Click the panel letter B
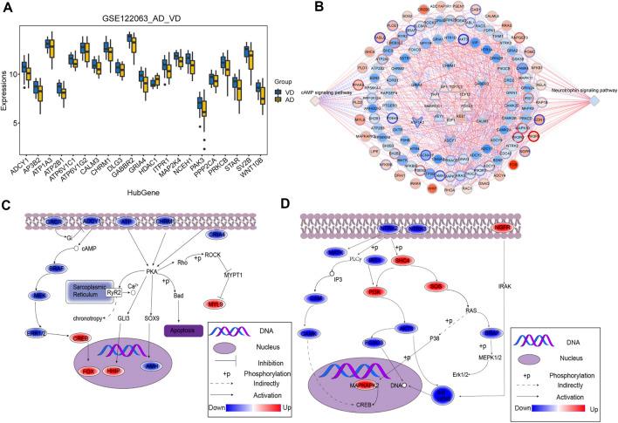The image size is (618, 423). pyautogui.click(x=317, y=8)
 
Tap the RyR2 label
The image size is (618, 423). pyautogui.click(x=112, y=304)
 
